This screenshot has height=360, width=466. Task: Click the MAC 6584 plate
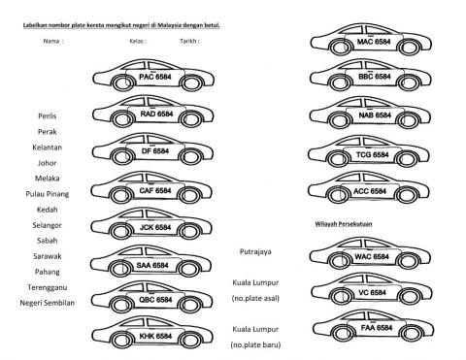click(x=373, y=43)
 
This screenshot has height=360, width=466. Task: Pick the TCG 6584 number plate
click(x=372, y=153)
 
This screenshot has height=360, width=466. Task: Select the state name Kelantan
click(x=41, y=147)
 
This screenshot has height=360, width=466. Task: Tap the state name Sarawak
click(x=41, y=256)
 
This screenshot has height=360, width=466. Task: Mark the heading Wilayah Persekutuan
click(x=345, y=224)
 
